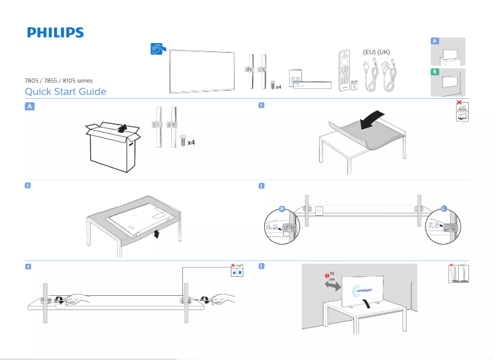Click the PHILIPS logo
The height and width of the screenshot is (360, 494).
(55, 32)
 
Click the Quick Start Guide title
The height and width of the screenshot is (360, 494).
(65, 92)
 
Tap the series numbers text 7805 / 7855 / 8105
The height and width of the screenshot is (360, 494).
(59, 80)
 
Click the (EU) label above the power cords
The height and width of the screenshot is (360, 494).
(369, 52)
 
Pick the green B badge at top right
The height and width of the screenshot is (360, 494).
(435, 72)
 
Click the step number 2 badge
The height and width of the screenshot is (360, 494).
(28, 185)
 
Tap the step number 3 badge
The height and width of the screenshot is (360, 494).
(261, 186)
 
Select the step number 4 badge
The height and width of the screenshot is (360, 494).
(28, 266)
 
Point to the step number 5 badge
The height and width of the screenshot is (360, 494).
(261, 266)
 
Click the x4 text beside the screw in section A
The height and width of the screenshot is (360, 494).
(191, 142)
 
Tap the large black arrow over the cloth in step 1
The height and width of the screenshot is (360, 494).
(374, 120)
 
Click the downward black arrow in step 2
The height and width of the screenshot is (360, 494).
(156, 234)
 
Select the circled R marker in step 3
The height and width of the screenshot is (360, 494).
(281, 209)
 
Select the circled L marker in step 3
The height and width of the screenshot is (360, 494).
(443, 209)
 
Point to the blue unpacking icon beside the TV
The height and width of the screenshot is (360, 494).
(158, 49)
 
